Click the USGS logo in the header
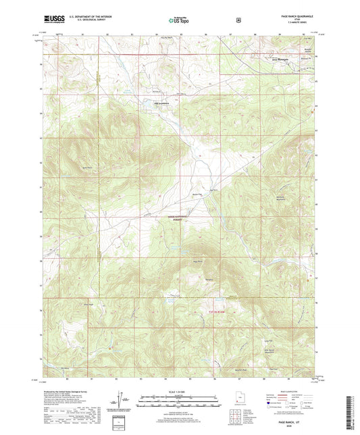tap(53, 21)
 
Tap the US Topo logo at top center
tap(180, 21)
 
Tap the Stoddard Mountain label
tap(284, 197)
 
